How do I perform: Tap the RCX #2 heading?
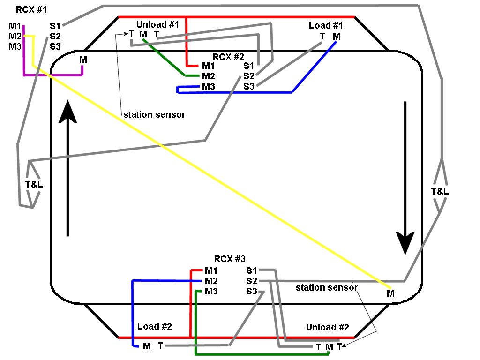[x=228, y=57]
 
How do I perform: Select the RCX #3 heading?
[x=230, y=259]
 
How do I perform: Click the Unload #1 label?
[x=157, y=24]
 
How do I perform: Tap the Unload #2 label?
[x=327, y=327]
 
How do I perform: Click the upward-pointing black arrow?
[x=68, y=169]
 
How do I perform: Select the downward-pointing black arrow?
[x=405, y=178]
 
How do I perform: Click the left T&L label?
[x=34, y=184]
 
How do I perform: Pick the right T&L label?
[x=439, y=191]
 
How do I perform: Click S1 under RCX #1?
[x=55, y=26]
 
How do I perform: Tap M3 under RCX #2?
[x=209, y=86]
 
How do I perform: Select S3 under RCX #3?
[x=252, y=292]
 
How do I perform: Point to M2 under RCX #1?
[x=15, y=36]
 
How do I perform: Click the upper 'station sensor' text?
[x=154, y=114]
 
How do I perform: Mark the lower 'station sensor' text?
[x=327, y=287]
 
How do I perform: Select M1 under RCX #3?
[x=211, y=270]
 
